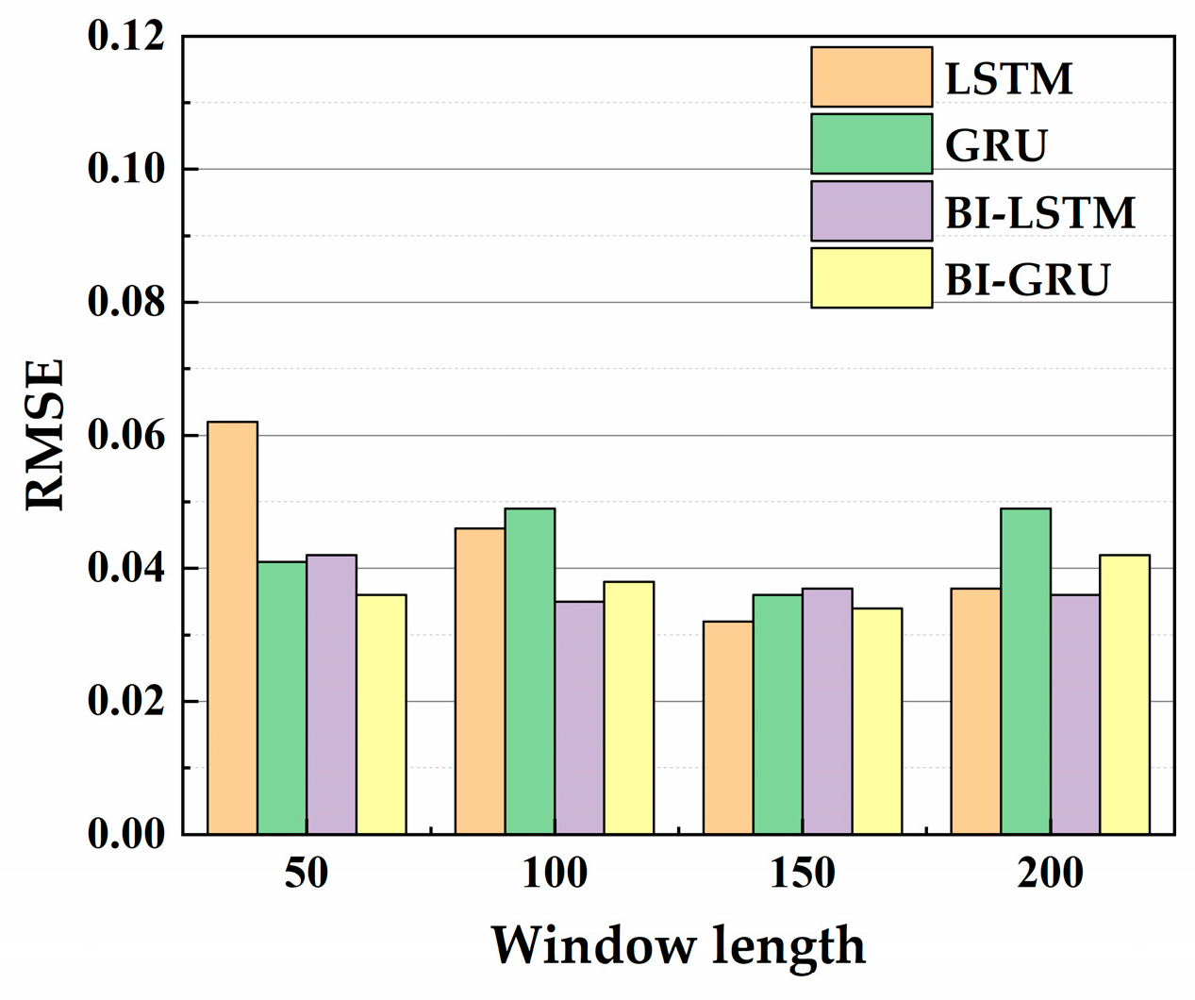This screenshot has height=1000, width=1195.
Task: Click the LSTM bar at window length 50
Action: coord(232,627)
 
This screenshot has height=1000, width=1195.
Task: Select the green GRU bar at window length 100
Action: coord(529,671)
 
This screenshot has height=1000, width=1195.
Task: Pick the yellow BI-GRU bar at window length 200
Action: coord(1124,694)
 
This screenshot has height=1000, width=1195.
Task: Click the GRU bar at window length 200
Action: coord(1025,671)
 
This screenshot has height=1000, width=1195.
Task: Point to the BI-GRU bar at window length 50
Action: coord(381,714)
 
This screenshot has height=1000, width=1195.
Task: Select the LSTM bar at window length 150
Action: coord(728,727)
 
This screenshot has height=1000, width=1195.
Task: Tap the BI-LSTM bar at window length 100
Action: coord(579,717)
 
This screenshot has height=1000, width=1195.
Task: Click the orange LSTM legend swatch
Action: coord(871,77)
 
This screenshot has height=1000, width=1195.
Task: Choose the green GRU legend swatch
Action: coord(871,144)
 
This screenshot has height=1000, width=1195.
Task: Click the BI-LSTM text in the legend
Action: coord(1039,213)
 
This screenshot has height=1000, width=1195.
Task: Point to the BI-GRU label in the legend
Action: coord(1027,280)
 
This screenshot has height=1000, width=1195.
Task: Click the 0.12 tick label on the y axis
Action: coord(125,37)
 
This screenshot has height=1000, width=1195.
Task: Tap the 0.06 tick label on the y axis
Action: coord(125,436)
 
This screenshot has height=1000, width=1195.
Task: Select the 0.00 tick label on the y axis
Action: coord(125,834)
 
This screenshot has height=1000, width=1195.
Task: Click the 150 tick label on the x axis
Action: coord(802,874)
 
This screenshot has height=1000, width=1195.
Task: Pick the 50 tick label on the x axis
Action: coord(307,874)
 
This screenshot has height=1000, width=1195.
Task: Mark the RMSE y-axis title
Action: coord(45,434)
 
